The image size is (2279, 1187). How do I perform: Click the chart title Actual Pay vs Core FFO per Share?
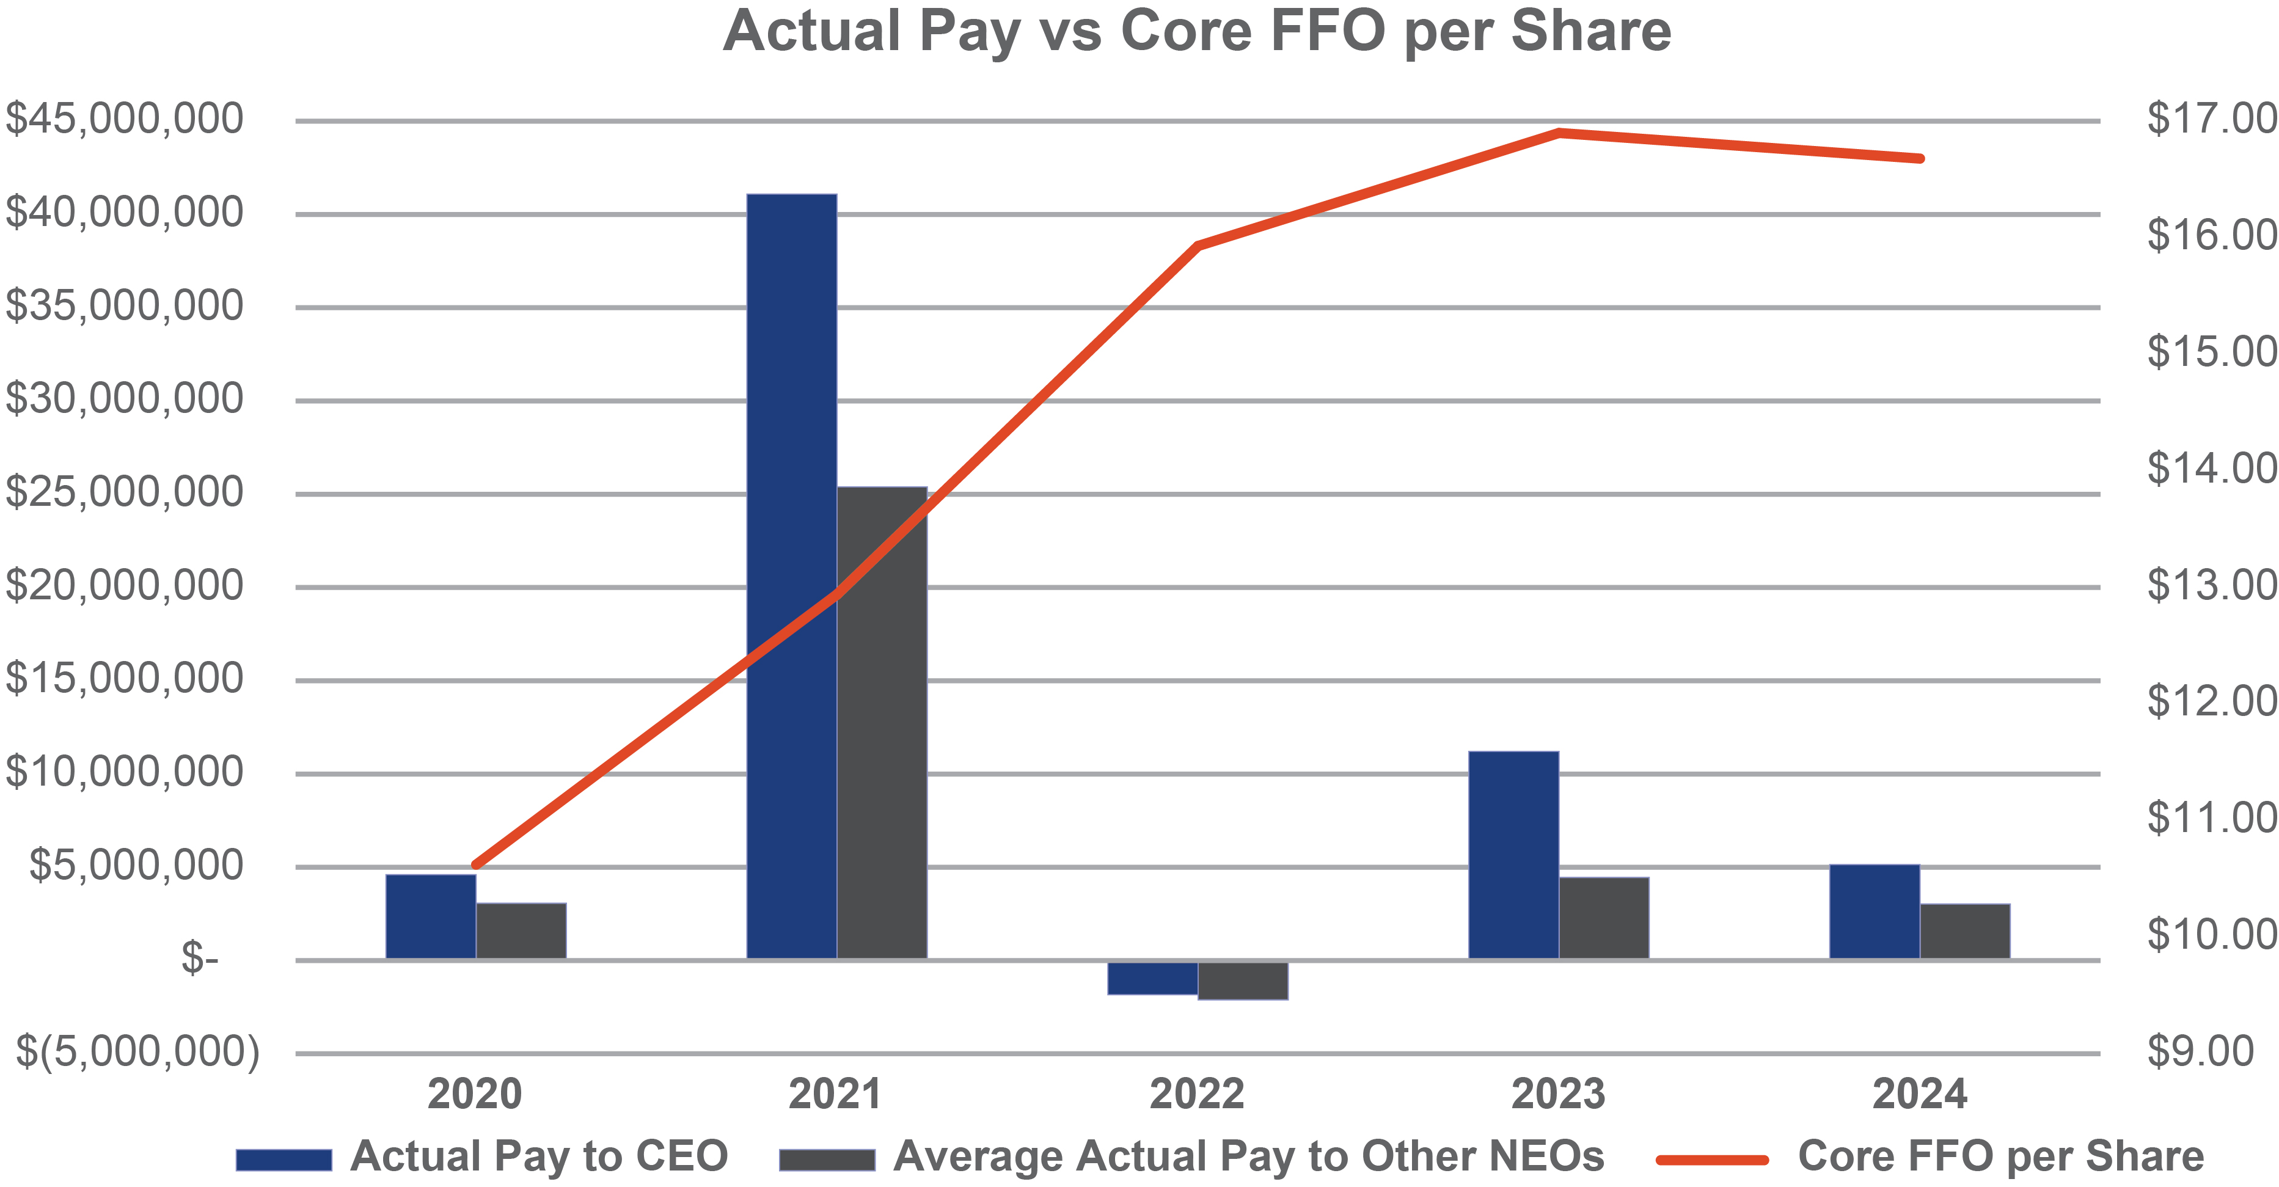pyautogui.click(x=1197, y=32)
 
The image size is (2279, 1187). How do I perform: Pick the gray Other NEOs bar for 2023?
pyautogui.click(x=1604, y=917)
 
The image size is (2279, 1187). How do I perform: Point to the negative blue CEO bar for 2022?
pyautogui.click(x=1152, y=977)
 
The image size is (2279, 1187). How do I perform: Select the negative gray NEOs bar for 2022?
pyautogui.click(x=1243, y=980)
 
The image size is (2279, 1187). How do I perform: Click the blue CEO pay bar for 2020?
pyautogui.click(x=430, y=916)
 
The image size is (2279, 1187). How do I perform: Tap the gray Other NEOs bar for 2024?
pyautogui.click(x=1965, y=930)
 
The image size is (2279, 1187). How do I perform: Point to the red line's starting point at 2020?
pyautogui.click(x=476, y=864)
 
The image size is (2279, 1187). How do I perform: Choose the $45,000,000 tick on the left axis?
pyautogui.click(x=125, y=119)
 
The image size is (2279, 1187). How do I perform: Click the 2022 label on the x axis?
pyautogui.click(x=1196, y=1094)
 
